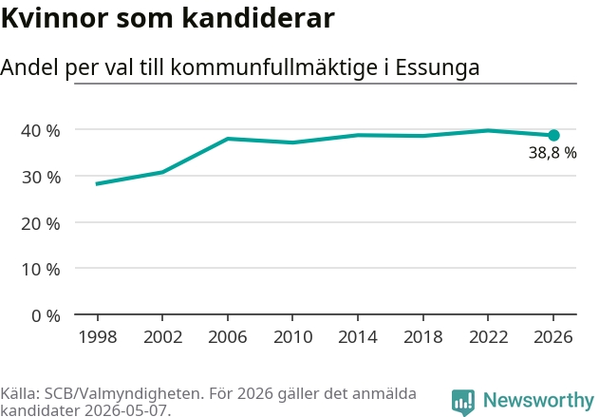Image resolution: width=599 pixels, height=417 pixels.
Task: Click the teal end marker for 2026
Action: pos(553,135)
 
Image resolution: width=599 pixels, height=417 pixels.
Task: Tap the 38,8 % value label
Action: pos(552,153)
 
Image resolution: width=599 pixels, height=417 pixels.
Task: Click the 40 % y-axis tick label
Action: pos(41,131)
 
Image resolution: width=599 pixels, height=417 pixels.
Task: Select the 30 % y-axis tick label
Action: pos(41,178)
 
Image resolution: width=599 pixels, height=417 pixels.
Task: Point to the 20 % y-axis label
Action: pos(41,223)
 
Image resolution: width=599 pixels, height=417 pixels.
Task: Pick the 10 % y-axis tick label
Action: pos(41,270)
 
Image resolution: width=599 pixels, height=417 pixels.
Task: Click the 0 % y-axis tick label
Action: pos(46,316)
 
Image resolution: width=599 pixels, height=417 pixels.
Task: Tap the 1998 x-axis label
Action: pos(98,337)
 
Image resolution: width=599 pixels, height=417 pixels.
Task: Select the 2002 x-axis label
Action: pos(162,337)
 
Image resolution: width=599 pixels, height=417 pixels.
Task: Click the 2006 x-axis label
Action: pos(228,337)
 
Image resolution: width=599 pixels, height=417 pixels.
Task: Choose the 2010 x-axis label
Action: pos(293,337)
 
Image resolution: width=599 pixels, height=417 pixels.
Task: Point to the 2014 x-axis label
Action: pos(358,337)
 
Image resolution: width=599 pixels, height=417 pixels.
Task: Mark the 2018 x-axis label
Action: pos(423,337)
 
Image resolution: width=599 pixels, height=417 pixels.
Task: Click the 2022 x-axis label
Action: pos(488,337)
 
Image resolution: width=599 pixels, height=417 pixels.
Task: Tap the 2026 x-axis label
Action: pos(553,337)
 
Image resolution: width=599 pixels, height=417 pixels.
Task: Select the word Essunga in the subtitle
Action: pos(437,67)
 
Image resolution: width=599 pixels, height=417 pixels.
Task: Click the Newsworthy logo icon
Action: pos(463,403)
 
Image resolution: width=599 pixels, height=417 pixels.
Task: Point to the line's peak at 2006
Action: pos(228,139)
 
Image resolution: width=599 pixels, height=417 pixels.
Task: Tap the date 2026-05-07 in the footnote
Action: pos(126,410)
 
